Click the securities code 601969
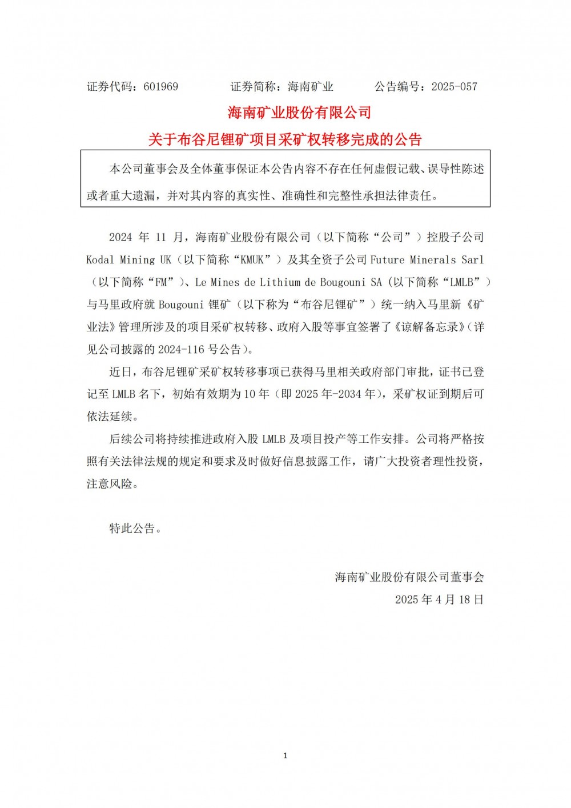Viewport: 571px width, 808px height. coord(161,87)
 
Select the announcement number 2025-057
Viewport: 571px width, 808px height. coord(454,87)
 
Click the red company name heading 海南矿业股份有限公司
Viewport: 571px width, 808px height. coord(300,113)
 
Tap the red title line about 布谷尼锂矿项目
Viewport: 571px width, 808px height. coord(285,139)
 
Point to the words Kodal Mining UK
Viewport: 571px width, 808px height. coord(129,260)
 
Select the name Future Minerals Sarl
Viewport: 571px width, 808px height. coord(427,260)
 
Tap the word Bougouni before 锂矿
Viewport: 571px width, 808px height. coord(182,305)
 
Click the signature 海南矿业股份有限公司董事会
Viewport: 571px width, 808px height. coord(409,577)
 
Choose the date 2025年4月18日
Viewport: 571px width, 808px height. coord(439,599)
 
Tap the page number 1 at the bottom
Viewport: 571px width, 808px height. coord(285,755)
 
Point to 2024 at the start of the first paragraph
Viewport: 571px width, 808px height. coord(121,237)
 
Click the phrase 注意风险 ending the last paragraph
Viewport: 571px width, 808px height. coord(110,484)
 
